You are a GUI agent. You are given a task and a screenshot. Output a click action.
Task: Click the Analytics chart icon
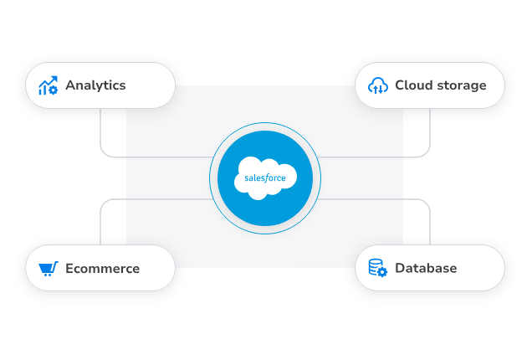[48, 85]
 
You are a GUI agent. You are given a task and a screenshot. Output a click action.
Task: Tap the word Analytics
[95, 85]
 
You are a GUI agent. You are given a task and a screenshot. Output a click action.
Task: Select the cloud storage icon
[378, 85]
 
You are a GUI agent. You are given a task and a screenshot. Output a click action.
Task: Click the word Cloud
[412, 85]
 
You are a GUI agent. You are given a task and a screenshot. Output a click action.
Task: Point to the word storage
[460, 85]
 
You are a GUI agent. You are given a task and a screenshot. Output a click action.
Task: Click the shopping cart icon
[48, 269]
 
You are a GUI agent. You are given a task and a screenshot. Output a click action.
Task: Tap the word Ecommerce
[102, 269]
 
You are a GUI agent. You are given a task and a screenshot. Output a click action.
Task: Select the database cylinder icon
[377, 268]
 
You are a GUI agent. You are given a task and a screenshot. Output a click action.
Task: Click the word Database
[426, 269]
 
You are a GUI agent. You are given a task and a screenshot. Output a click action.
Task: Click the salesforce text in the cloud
[265, 178]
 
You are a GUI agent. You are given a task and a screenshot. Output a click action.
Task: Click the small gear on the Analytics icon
[54, 90]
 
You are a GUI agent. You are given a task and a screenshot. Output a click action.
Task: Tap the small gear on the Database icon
[382, 273]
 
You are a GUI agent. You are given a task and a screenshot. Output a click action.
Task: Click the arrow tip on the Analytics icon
[54, 78]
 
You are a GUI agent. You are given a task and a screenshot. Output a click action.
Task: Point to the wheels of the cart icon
[46, 275]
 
